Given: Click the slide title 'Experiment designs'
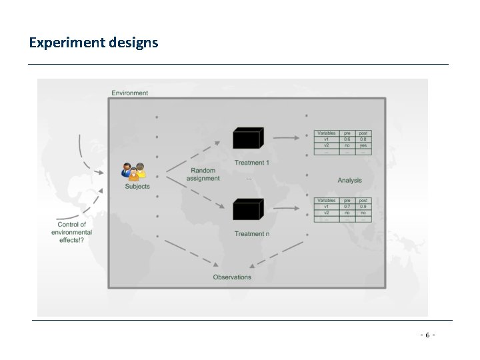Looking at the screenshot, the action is pos(93,43).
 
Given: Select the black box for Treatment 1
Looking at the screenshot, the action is pos(247,138).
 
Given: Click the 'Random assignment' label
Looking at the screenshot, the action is pos(204,175).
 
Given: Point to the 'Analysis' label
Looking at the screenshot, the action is pos(349,180).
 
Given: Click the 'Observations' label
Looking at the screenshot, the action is pos(232,277).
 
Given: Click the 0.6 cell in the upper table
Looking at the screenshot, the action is pos(347,139).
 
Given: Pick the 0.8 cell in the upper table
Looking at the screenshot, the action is pos(363,139).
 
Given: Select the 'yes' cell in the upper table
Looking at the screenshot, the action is pos(363,145).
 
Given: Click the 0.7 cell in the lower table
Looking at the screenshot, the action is pos(347,206).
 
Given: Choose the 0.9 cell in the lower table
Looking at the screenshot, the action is pos(363,206).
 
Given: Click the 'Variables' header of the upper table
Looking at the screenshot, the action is pos(326,133).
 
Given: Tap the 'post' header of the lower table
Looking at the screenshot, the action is pos(363,200).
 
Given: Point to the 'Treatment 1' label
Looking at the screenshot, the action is pos(251,163).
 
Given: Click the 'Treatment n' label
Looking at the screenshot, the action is pos(251,233).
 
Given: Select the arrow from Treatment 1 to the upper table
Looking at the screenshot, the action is pos(287,138).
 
